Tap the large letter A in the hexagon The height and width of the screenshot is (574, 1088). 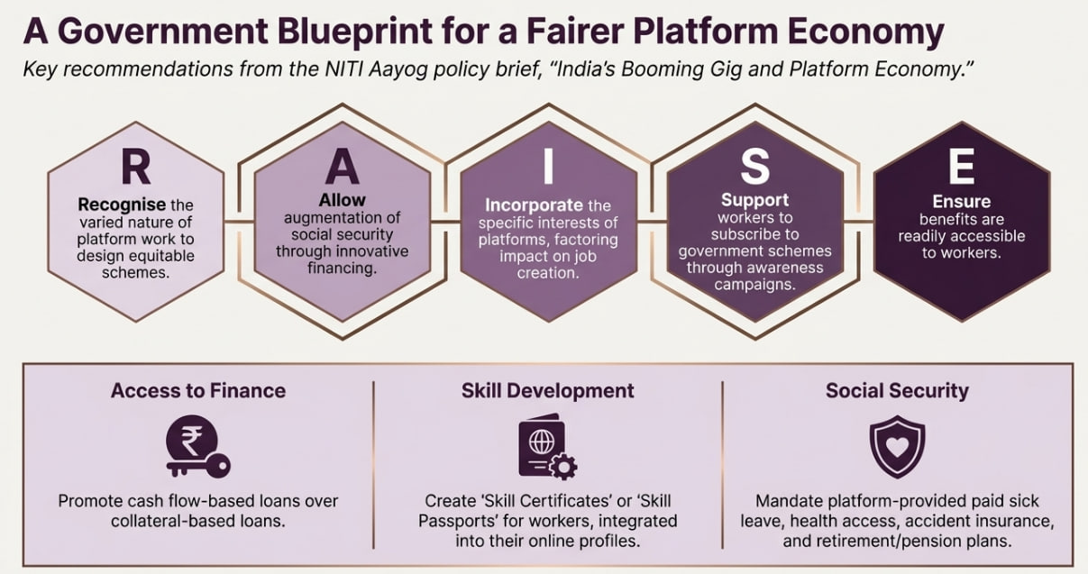point(342,168)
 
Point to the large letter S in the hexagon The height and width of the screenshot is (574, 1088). point(754,166)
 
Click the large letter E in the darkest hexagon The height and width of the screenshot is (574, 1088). point(962,168)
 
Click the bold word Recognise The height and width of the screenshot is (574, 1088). point(122,205)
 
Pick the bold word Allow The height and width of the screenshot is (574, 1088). point(342,200)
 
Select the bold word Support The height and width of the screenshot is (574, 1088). point(754,200)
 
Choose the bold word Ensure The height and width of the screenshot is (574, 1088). point(962,202)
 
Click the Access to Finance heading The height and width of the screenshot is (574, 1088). point(198,390)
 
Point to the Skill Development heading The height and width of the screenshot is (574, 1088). point(548,390)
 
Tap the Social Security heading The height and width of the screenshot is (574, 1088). point(897,390)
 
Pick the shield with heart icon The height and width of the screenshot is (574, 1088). point(896,447)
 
